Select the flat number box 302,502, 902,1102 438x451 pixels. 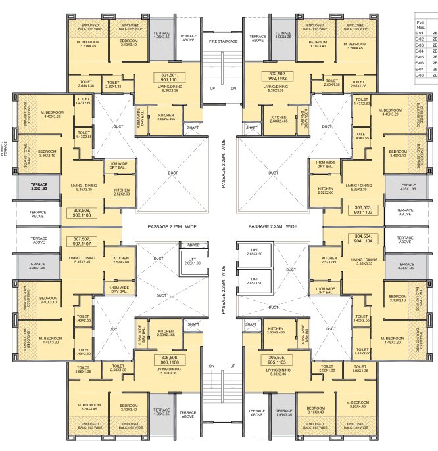pyautogui.click(x=278, y=77)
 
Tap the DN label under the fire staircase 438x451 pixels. pyautogui.click(x=233, y=88)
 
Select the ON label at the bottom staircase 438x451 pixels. pyautogui.click(x=212, y=366)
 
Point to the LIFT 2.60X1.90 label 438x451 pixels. pyautogui.click(x=192, y=261)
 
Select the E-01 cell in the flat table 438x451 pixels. pyautogui.click(x=419, y=32)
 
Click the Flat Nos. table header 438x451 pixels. pyautogui.click(x=419, y=22)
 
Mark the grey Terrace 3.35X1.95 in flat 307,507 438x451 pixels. pyautogui.click(x=39, y=266)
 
